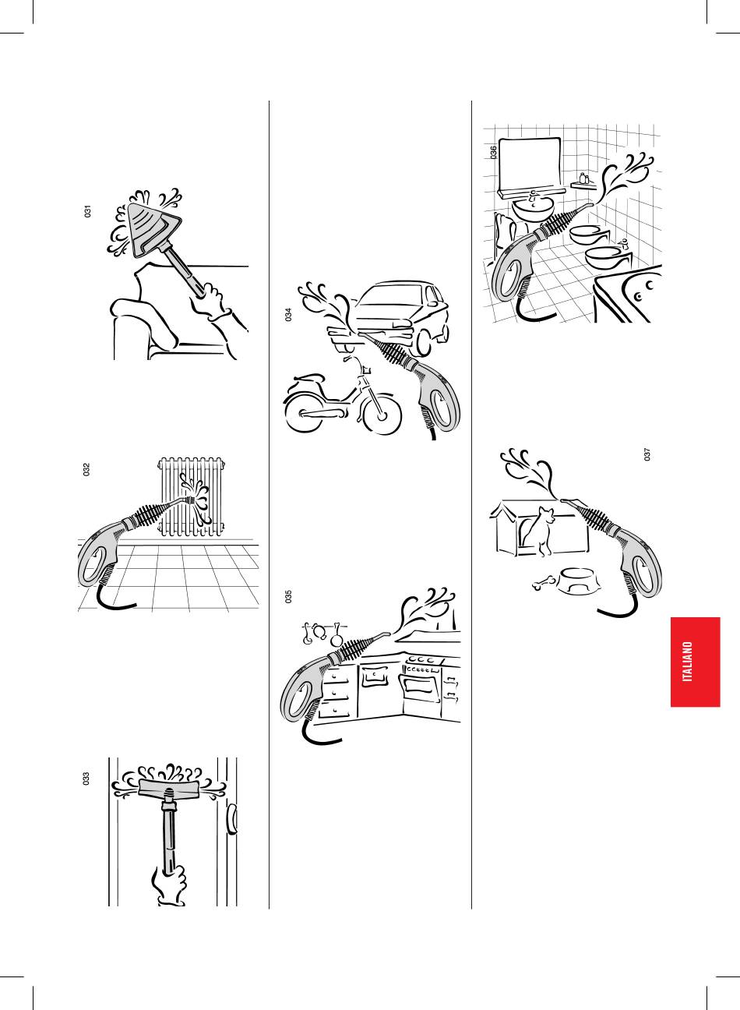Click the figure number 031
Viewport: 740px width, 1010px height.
click(x=87, y=211)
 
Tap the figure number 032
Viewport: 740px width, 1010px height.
click(x=86, y=469)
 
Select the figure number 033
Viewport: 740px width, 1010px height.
click(x=86, y=779)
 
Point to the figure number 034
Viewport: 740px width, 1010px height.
click(x=288, y=314)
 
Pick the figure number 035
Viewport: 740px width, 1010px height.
click(x=288, y=596)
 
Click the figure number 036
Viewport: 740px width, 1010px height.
click(x=494, y=153)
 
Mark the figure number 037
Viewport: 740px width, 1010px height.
click(x=647, y=454)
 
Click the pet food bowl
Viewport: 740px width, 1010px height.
click(x=579, y=581)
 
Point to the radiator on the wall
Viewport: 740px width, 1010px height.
click(x=191, y=497)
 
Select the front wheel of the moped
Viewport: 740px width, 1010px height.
click(x=382, y=415)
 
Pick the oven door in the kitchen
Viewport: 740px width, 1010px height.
click(x=422, y=688)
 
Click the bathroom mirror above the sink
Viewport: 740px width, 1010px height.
click(x=529, y=166)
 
